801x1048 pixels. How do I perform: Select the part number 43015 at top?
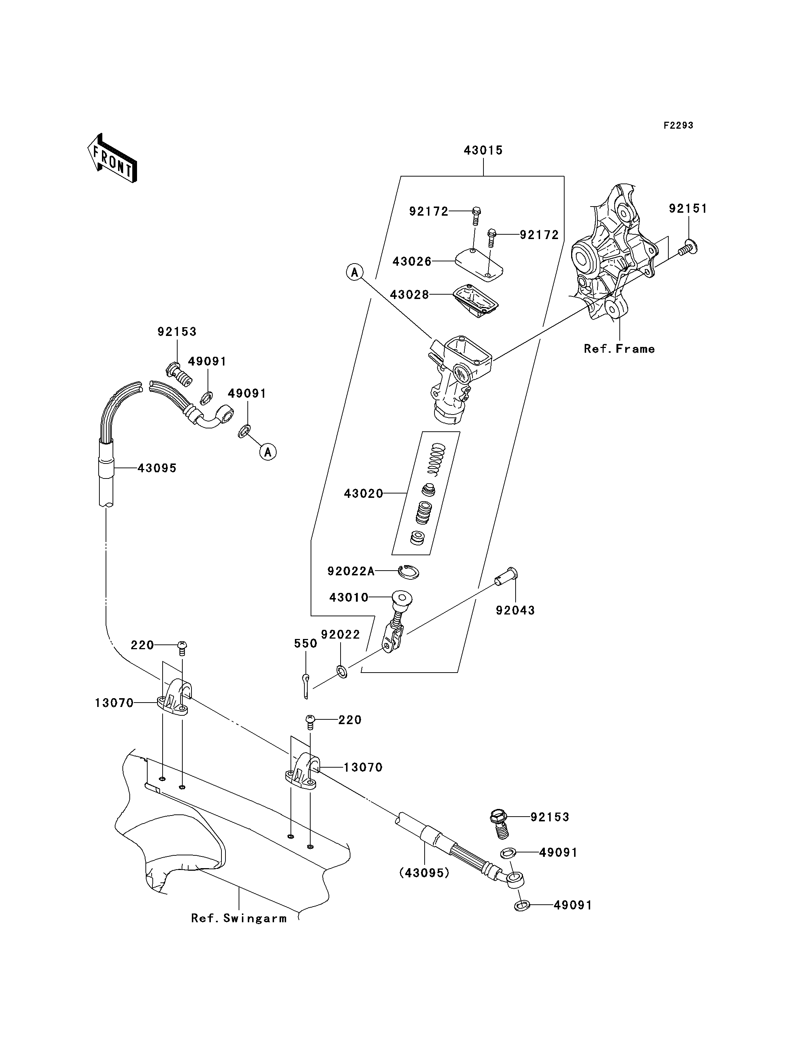(483, 150)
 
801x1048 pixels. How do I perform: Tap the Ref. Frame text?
(619, 349)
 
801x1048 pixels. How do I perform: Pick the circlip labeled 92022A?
(409, 571)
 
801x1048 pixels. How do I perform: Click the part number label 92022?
(341, 635)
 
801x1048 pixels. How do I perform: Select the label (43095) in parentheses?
(424, 873)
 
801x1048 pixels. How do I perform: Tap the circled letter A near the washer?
(268, 452)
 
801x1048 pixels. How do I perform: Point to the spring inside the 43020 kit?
(436, 458)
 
